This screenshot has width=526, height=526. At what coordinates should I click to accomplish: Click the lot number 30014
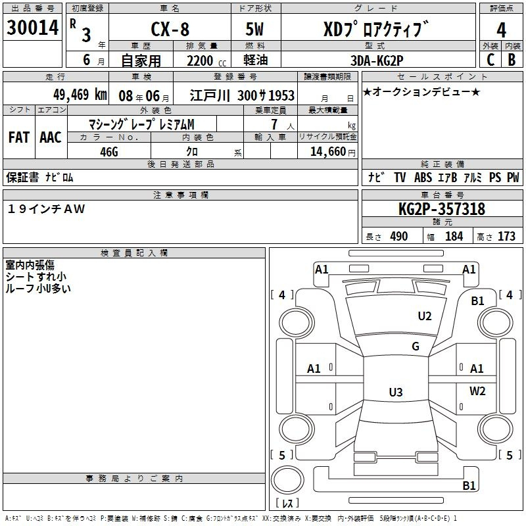click(x=32, y=28)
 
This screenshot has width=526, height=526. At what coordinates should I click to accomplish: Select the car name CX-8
click(x=170, y=29)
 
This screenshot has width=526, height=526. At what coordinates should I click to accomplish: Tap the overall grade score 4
click(x=501, y=30)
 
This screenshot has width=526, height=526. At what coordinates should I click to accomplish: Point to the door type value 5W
click(x=254, y=29)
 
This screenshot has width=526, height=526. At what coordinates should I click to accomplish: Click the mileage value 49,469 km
click(x=80, y=95)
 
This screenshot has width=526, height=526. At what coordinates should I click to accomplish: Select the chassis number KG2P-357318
click(x=442, y=209)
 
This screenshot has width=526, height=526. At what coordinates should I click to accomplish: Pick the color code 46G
click(x=109, y=152)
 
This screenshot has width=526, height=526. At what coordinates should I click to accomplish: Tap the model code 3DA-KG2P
click(x=377, y=60)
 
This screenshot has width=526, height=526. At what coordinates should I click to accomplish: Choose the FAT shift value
click(x=19, y=137)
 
